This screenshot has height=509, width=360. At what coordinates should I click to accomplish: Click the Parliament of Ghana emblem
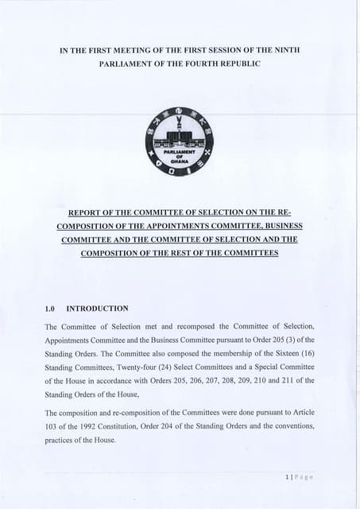[179, 142]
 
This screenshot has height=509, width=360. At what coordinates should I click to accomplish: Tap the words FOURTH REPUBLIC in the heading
[219, 63]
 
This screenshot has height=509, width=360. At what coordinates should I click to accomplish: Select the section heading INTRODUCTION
[97, 308]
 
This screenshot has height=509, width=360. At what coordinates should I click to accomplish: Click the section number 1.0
[52, 308]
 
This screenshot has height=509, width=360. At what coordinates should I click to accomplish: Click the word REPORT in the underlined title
[89, 212]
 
